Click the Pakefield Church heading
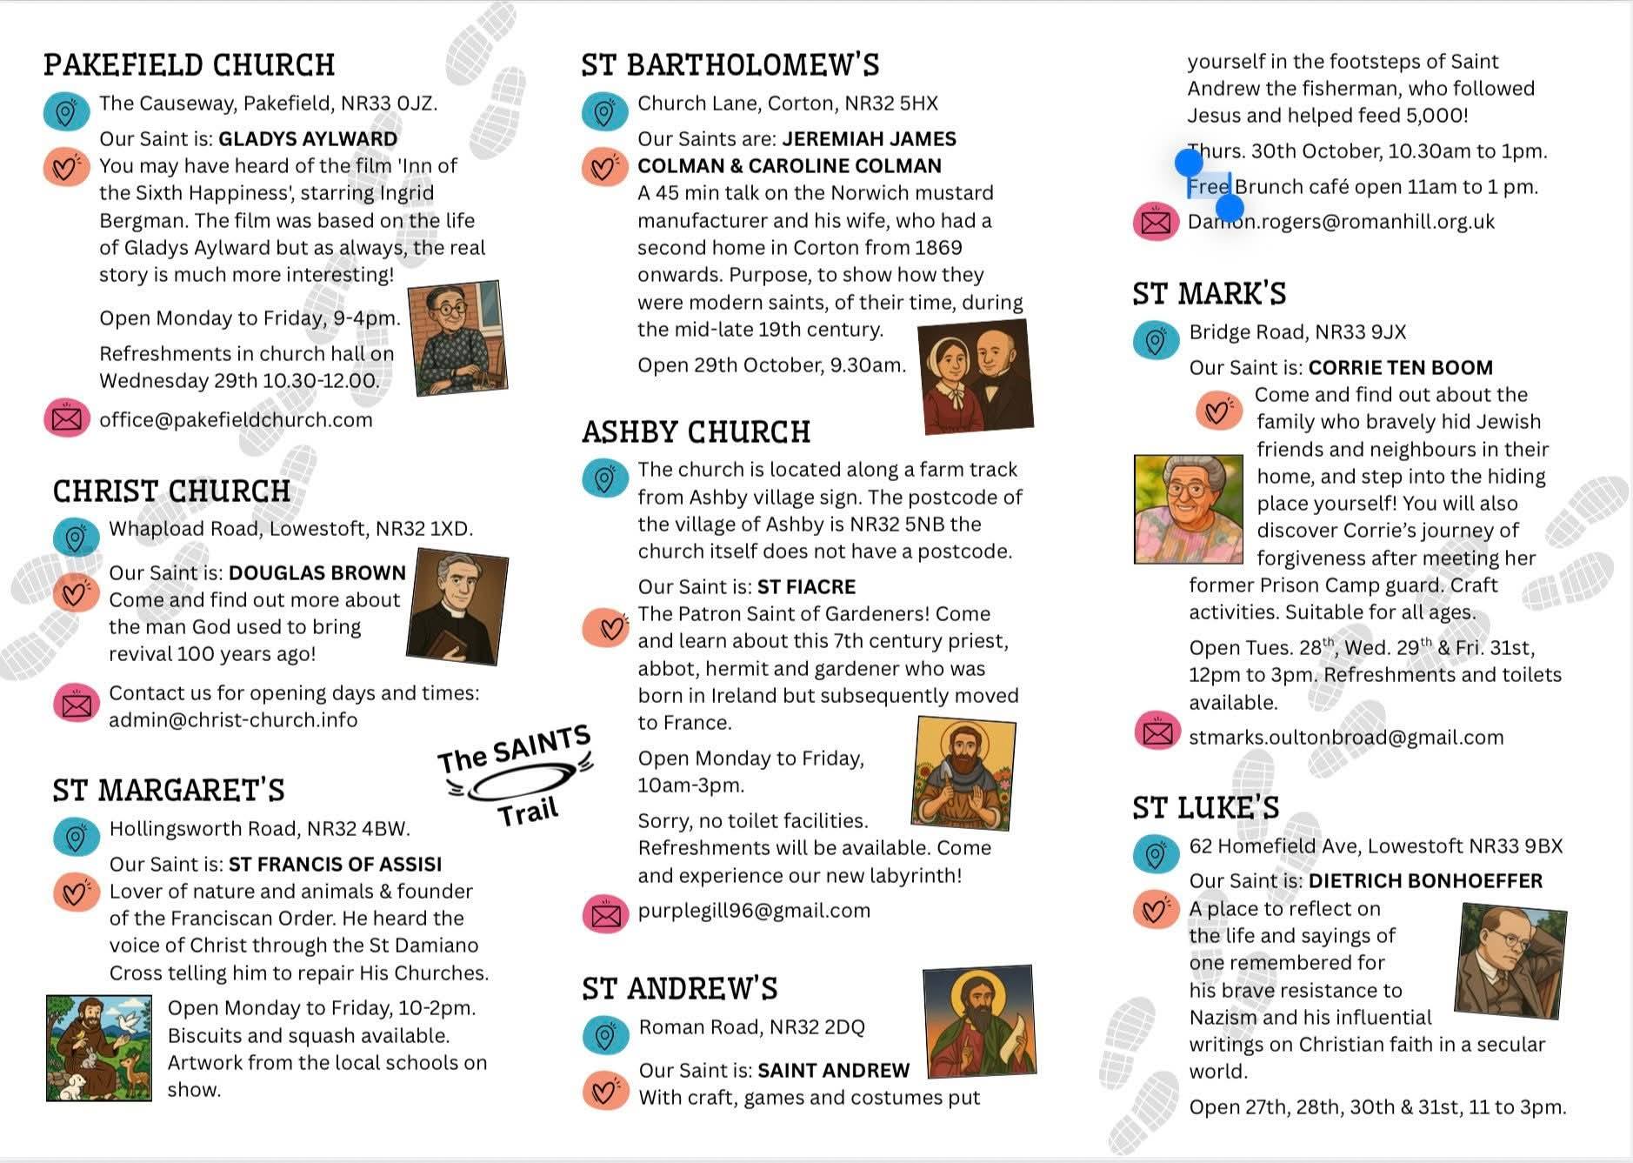tap(189, 65)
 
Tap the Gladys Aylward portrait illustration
tap(457, 338)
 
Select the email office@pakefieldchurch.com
tap(236, 420)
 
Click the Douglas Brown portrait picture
tap(457, 606)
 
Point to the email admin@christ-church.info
tap(233, 720)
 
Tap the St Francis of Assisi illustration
tap(99, 1048)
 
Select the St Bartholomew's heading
tap(730, 65)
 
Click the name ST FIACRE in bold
tap(806, 587)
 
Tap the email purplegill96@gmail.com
tap(754, 911)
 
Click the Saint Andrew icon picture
tap(979, 1021)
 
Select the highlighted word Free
tap(1209, 187)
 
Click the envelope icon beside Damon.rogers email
tap(1156, 223)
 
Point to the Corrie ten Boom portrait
tap(1189, 509)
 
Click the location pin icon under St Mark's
tap(1156, 340)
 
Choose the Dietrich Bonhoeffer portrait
tap(1510, 960)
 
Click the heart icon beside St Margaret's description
tap(76, 892)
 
